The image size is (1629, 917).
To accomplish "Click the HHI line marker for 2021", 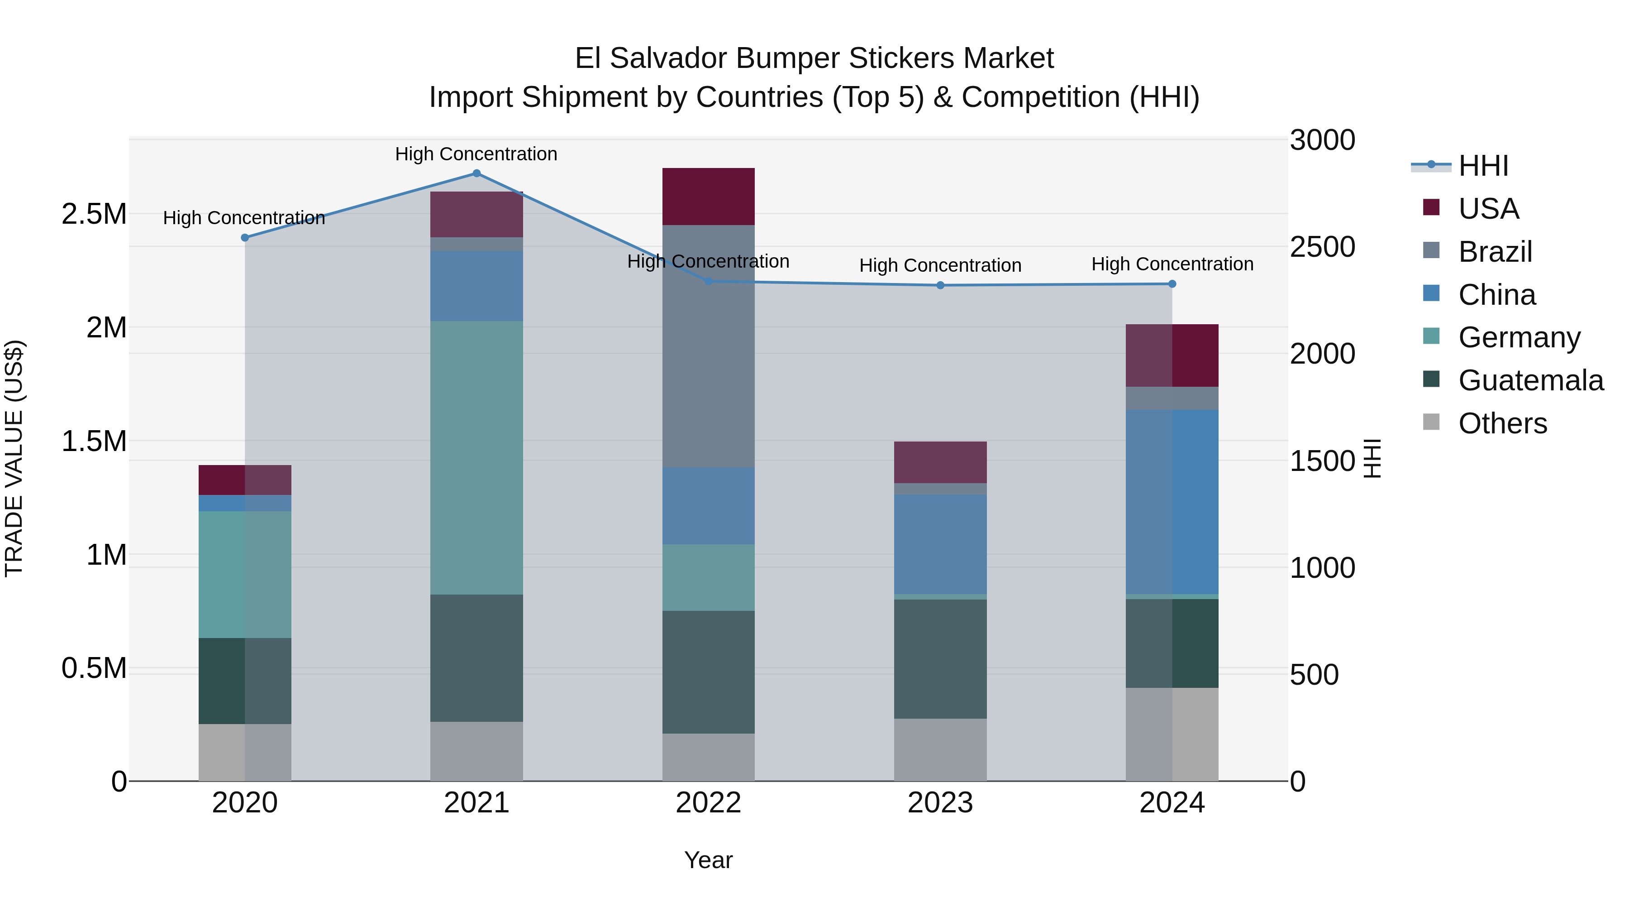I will [476, 173].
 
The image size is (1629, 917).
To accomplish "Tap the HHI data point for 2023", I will [940, 285].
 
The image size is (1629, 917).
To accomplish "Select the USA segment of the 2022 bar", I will [708, 196].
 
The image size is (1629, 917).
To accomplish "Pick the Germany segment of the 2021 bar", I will [476, 457].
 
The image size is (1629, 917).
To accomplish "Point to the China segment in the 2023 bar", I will [940, 544].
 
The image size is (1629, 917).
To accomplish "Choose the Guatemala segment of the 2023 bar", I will [940, 658].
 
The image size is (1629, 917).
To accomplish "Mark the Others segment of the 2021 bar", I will [476, 751].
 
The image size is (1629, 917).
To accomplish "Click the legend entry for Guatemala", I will [1530, 380].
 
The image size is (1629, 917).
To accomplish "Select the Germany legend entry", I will [1519, 337].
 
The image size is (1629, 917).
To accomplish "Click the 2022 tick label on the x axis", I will [708, 803].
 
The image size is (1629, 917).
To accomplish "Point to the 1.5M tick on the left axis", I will [94, 441].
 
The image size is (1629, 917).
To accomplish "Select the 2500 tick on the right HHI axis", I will [1322, 247].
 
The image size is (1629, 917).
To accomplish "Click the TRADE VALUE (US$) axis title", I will [14, 458].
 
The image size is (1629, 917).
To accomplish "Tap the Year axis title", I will [708, 860].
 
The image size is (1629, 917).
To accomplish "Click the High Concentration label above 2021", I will [476, 154].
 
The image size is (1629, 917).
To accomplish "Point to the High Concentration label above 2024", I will [1172, 264].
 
